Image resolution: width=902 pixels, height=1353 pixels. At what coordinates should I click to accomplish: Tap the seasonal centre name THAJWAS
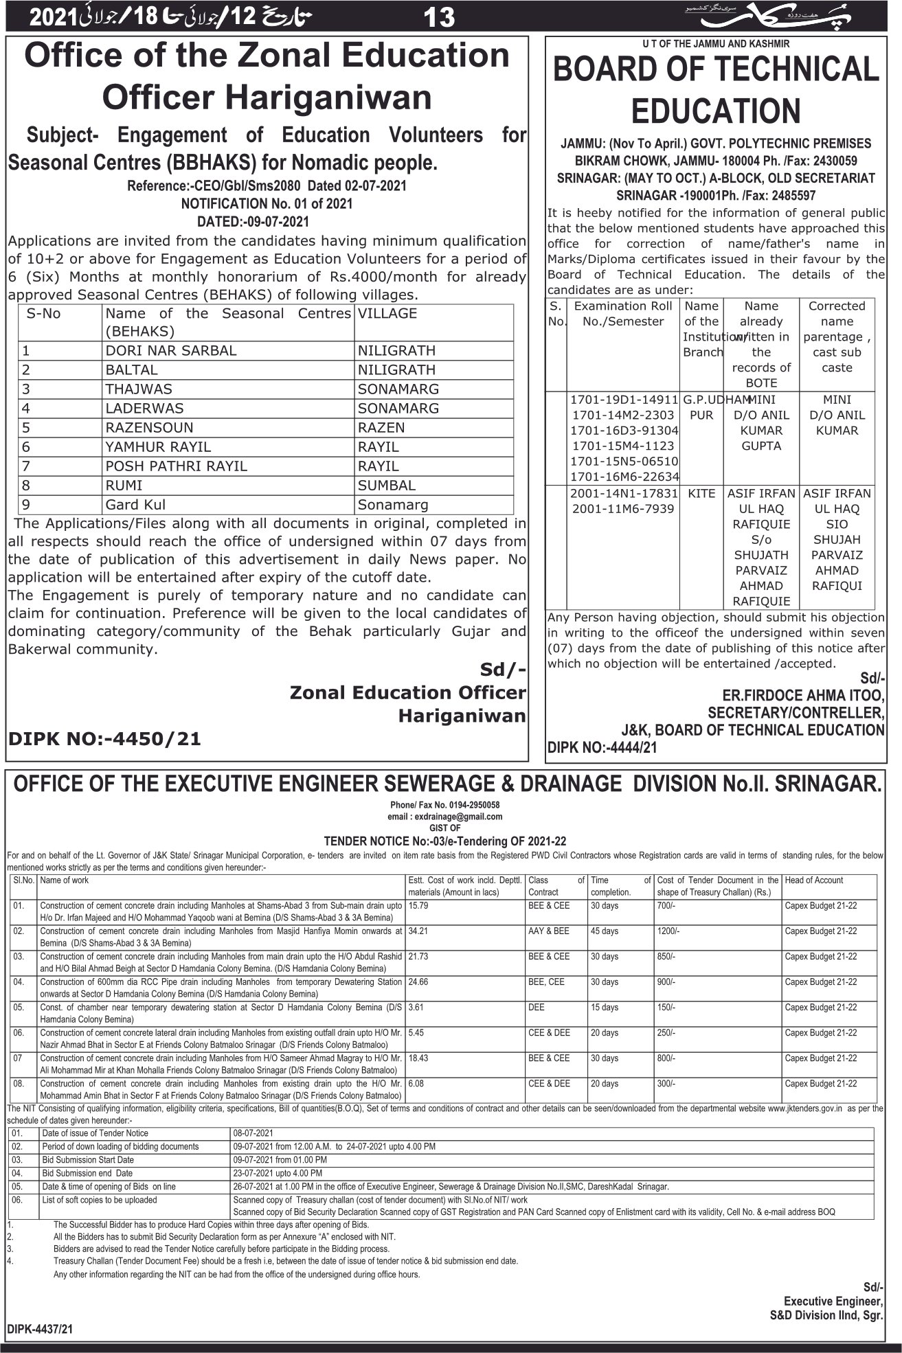tap(139, 389)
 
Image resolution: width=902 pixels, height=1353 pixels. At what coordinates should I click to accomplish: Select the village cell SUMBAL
tap(386, 486)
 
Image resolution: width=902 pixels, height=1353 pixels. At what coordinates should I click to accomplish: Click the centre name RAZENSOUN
tap(149, 427)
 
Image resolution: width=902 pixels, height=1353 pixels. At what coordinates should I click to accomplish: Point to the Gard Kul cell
tap(135, 505)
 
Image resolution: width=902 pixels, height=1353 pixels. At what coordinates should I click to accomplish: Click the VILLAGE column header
tap(387, 314)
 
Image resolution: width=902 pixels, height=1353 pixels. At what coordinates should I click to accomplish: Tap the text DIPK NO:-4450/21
tap(104, 739)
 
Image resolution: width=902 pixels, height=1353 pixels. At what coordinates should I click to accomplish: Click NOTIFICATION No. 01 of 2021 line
tap(267, 203)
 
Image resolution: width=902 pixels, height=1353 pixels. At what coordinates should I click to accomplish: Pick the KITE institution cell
tap(701, 493)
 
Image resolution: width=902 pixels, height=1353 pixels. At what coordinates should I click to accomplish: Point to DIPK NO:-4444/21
tap(602, 747)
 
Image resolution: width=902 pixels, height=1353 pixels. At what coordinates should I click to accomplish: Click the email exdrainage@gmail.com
tap(444, 817)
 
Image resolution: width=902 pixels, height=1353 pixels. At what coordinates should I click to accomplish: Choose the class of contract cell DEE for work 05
tap(537, 1008)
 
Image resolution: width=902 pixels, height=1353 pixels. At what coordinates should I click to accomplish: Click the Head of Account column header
tap(814, 880)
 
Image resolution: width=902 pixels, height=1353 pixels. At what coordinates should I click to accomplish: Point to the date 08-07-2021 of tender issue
tap(253, 1133)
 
